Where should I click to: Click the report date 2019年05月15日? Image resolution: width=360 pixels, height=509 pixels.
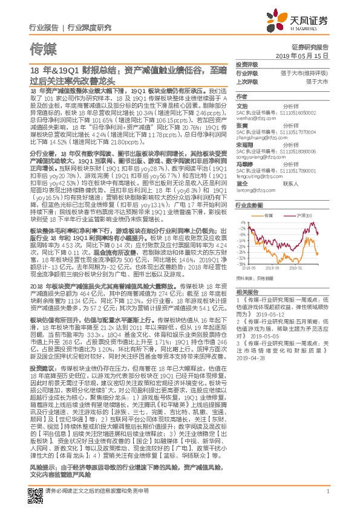pos(307,55)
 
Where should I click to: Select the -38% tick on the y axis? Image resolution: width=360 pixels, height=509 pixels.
pos(241,264)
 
